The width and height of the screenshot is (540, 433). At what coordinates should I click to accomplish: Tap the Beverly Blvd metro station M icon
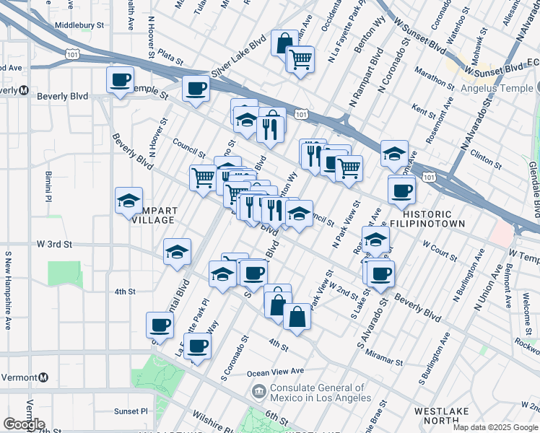(x=23, y=90)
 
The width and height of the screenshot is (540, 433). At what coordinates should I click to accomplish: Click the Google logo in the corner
(x=24, y=424)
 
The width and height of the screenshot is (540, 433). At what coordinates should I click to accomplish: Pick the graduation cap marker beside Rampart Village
(x=129, y=201)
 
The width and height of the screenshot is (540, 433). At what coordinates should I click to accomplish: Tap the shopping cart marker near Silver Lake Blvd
(x=300, y=59)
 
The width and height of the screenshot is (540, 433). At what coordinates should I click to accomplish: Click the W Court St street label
(x=440, y=254)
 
